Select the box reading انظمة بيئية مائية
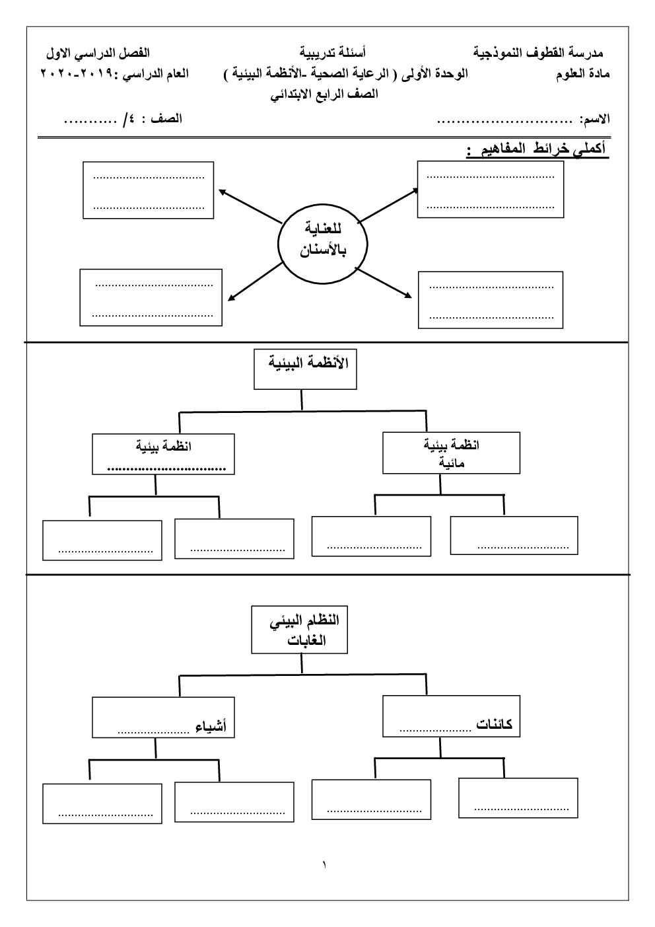coord(451,453)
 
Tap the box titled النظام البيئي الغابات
coord(299,630)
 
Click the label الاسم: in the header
coord(594,120)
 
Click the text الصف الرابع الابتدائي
coord(325,94)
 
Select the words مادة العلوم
coord(583,74)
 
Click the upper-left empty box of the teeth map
coord(149,190)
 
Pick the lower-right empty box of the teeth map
coord(491,299)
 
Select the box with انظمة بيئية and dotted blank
coord(163,453)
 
